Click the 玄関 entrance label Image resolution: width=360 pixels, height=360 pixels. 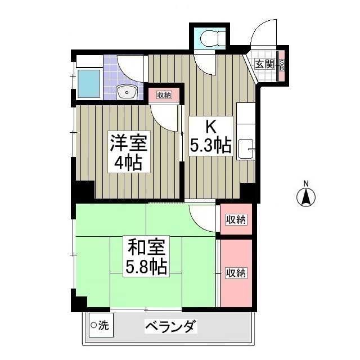pos(264,64)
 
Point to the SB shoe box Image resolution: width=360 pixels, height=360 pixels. pos(282,65)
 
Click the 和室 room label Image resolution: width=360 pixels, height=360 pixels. pos(146,246)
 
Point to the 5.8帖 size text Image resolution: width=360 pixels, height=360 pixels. pos(146,267)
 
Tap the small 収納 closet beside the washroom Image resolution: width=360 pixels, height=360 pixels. pos(164,94)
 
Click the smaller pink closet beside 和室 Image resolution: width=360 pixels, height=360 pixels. pos(236,219)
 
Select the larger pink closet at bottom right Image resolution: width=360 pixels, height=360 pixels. pos(236,273)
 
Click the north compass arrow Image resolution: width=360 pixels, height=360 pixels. pos(306,198)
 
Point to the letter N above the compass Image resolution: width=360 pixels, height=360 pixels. pos(306,183)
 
